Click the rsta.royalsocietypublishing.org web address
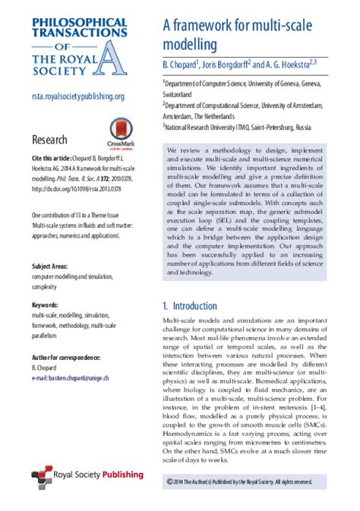click(x=78, y=96)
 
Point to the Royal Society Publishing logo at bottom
click(x=87, y=475)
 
